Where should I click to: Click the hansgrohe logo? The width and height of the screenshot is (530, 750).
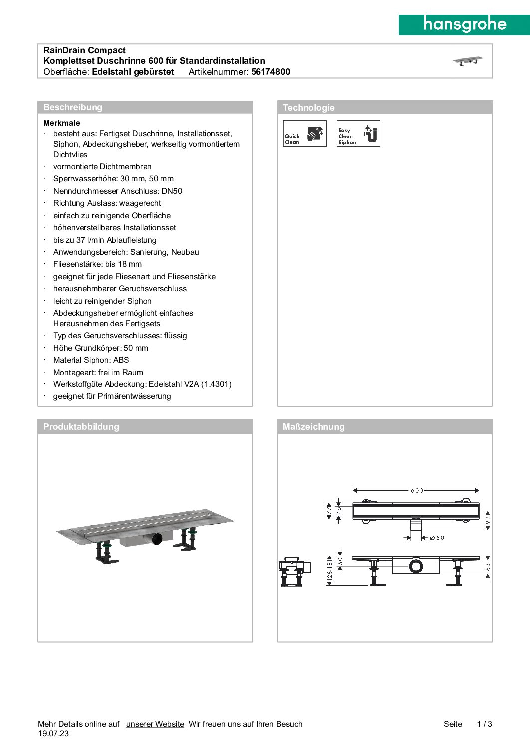(464, 24)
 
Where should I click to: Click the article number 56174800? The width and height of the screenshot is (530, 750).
(270, 72)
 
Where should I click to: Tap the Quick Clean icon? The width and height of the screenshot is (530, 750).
(304, 134)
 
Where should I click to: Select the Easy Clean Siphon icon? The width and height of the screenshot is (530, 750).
(358, 134)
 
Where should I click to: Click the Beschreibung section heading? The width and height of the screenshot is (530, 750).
(73, 107)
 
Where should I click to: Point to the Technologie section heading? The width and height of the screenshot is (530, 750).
(308, 108)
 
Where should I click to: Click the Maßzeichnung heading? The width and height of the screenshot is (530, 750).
(313, 427)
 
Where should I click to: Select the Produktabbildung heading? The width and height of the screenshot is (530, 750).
(81, 427)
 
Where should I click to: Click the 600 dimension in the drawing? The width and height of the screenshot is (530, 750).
(417, 490)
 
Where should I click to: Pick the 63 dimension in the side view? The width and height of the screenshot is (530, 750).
(488, 567)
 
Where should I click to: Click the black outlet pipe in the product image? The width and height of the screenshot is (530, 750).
(157, 539)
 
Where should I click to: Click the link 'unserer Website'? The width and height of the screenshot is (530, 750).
(155, 724)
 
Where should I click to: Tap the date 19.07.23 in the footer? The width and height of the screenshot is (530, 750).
(53, 734)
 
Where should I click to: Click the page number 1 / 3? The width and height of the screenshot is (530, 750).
(484, 724)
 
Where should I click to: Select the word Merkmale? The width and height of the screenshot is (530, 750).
(62, 123)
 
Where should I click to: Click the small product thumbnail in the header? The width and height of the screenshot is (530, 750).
(468, 61)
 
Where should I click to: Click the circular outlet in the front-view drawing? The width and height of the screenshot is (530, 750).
(416, 566)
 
